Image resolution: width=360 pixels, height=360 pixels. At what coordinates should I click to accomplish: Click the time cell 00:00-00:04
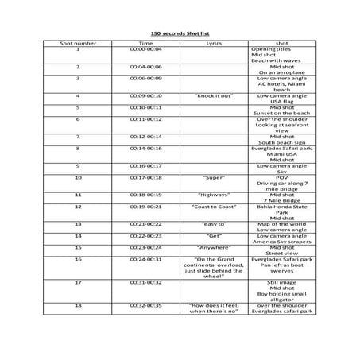point(145,48)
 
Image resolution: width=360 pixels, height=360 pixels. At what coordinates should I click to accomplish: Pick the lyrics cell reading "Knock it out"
point(213,95)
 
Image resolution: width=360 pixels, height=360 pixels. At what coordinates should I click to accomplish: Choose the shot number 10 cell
point(78,177)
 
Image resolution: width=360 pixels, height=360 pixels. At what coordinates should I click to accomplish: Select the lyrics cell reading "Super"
point(213,177)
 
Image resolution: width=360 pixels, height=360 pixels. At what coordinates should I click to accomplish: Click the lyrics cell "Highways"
point(213,195)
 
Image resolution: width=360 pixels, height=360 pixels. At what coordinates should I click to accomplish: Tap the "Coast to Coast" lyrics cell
point(213,207)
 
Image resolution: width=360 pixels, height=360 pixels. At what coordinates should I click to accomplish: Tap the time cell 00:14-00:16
point(145,148)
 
